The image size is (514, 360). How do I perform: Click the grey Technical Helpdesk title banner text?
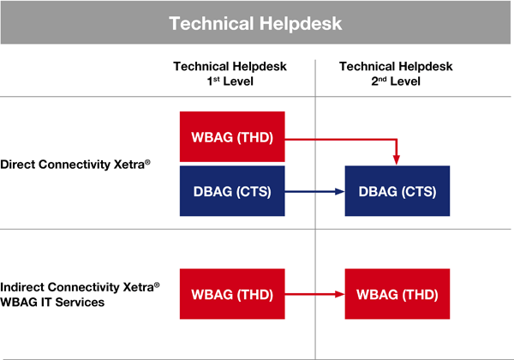[x=255, y=24]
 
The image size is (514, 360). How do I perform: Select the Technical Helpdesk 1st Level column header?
[x=230, y=74]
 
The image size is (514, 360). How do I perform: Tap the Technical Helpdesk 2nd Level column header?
[x=396, y=74]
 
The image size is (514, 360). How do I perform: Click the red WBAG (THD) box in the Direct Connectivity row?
[x=232, y=137]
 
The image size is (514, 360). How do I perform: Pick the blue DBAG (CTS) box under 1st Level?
[x=232, y=191]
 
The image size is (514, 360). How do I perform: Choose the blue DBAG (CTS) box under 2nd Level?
[x=397, y=191]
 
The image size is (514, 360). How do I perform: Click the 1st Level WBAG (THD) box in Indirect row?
[x=232, y=294]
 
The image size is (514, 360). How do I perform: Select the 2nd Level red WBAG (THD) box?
[x=397, y=294]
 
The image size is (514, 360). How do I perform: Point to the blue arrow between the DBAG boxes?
[x=314, y=191]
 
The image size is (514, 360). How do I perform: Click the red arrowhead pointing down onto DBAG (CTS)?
[x=397, y=160]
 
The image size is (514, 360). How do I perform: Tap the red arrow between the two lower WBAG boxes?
[x=314, y=294]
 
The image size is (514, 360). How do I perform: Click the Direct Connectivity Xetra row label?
[x=75, y=165]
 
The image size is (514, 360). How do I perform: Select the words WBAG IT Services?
[x=52, y=302]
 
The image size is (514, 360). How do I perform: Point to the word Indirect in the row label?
[x=22, y=287]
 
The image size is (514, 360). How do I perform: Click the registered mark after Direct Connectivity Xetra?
[x=147, y=162]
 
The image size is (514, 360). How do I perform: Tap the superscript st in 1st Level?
[x=217, y=79]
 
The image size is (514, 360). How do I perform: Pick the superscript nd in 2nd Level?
[x=383, y=79]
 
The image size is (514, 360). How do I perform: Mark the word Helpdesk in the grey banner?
[x=301, y=24]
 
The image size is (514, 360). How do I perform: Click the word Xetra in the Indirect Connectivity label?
[x=138, y=287]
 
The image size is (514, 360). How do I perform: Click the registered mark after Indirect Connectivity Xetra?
[x=157, y=285]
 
